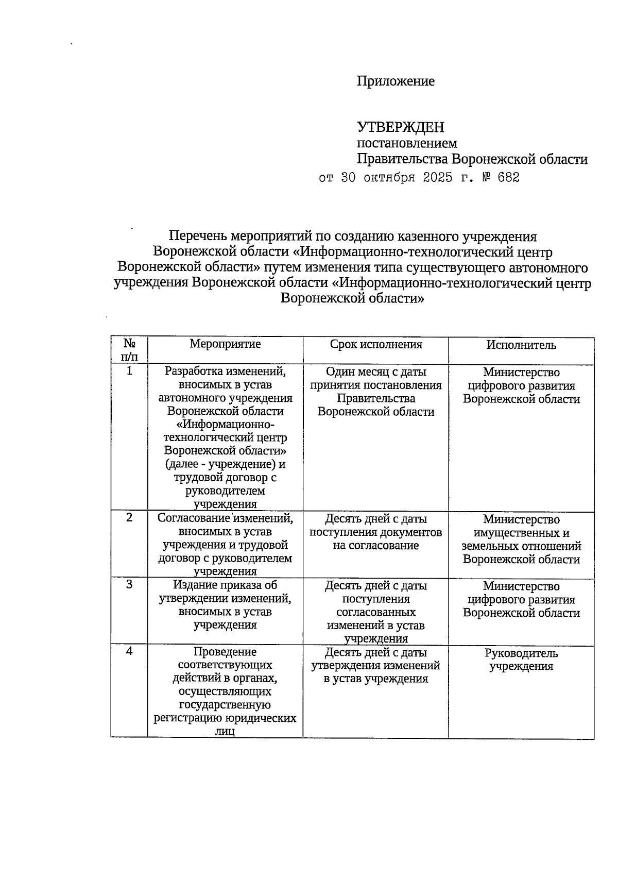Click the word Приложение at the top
(x=396, y=81)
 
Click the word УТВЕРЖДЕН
(x=401, y=127)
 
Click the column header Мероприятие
(x=225, y=344)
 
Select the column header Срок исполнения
(x=375, y=345)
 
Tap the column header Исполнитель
(x=521, y=345)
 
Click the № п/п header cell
(x=129, y=350)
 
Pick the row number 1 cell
(x=129, y=371)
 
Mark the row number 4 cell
(x=129, y=651)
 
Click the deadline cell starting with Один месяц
(x=375, y=392)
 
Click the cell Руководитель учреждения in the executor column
(x=521, y=660)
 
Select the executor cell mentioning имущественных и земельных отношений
(x=521, y=539)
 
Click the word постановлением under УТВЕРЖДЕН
(x=407, y=143)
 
